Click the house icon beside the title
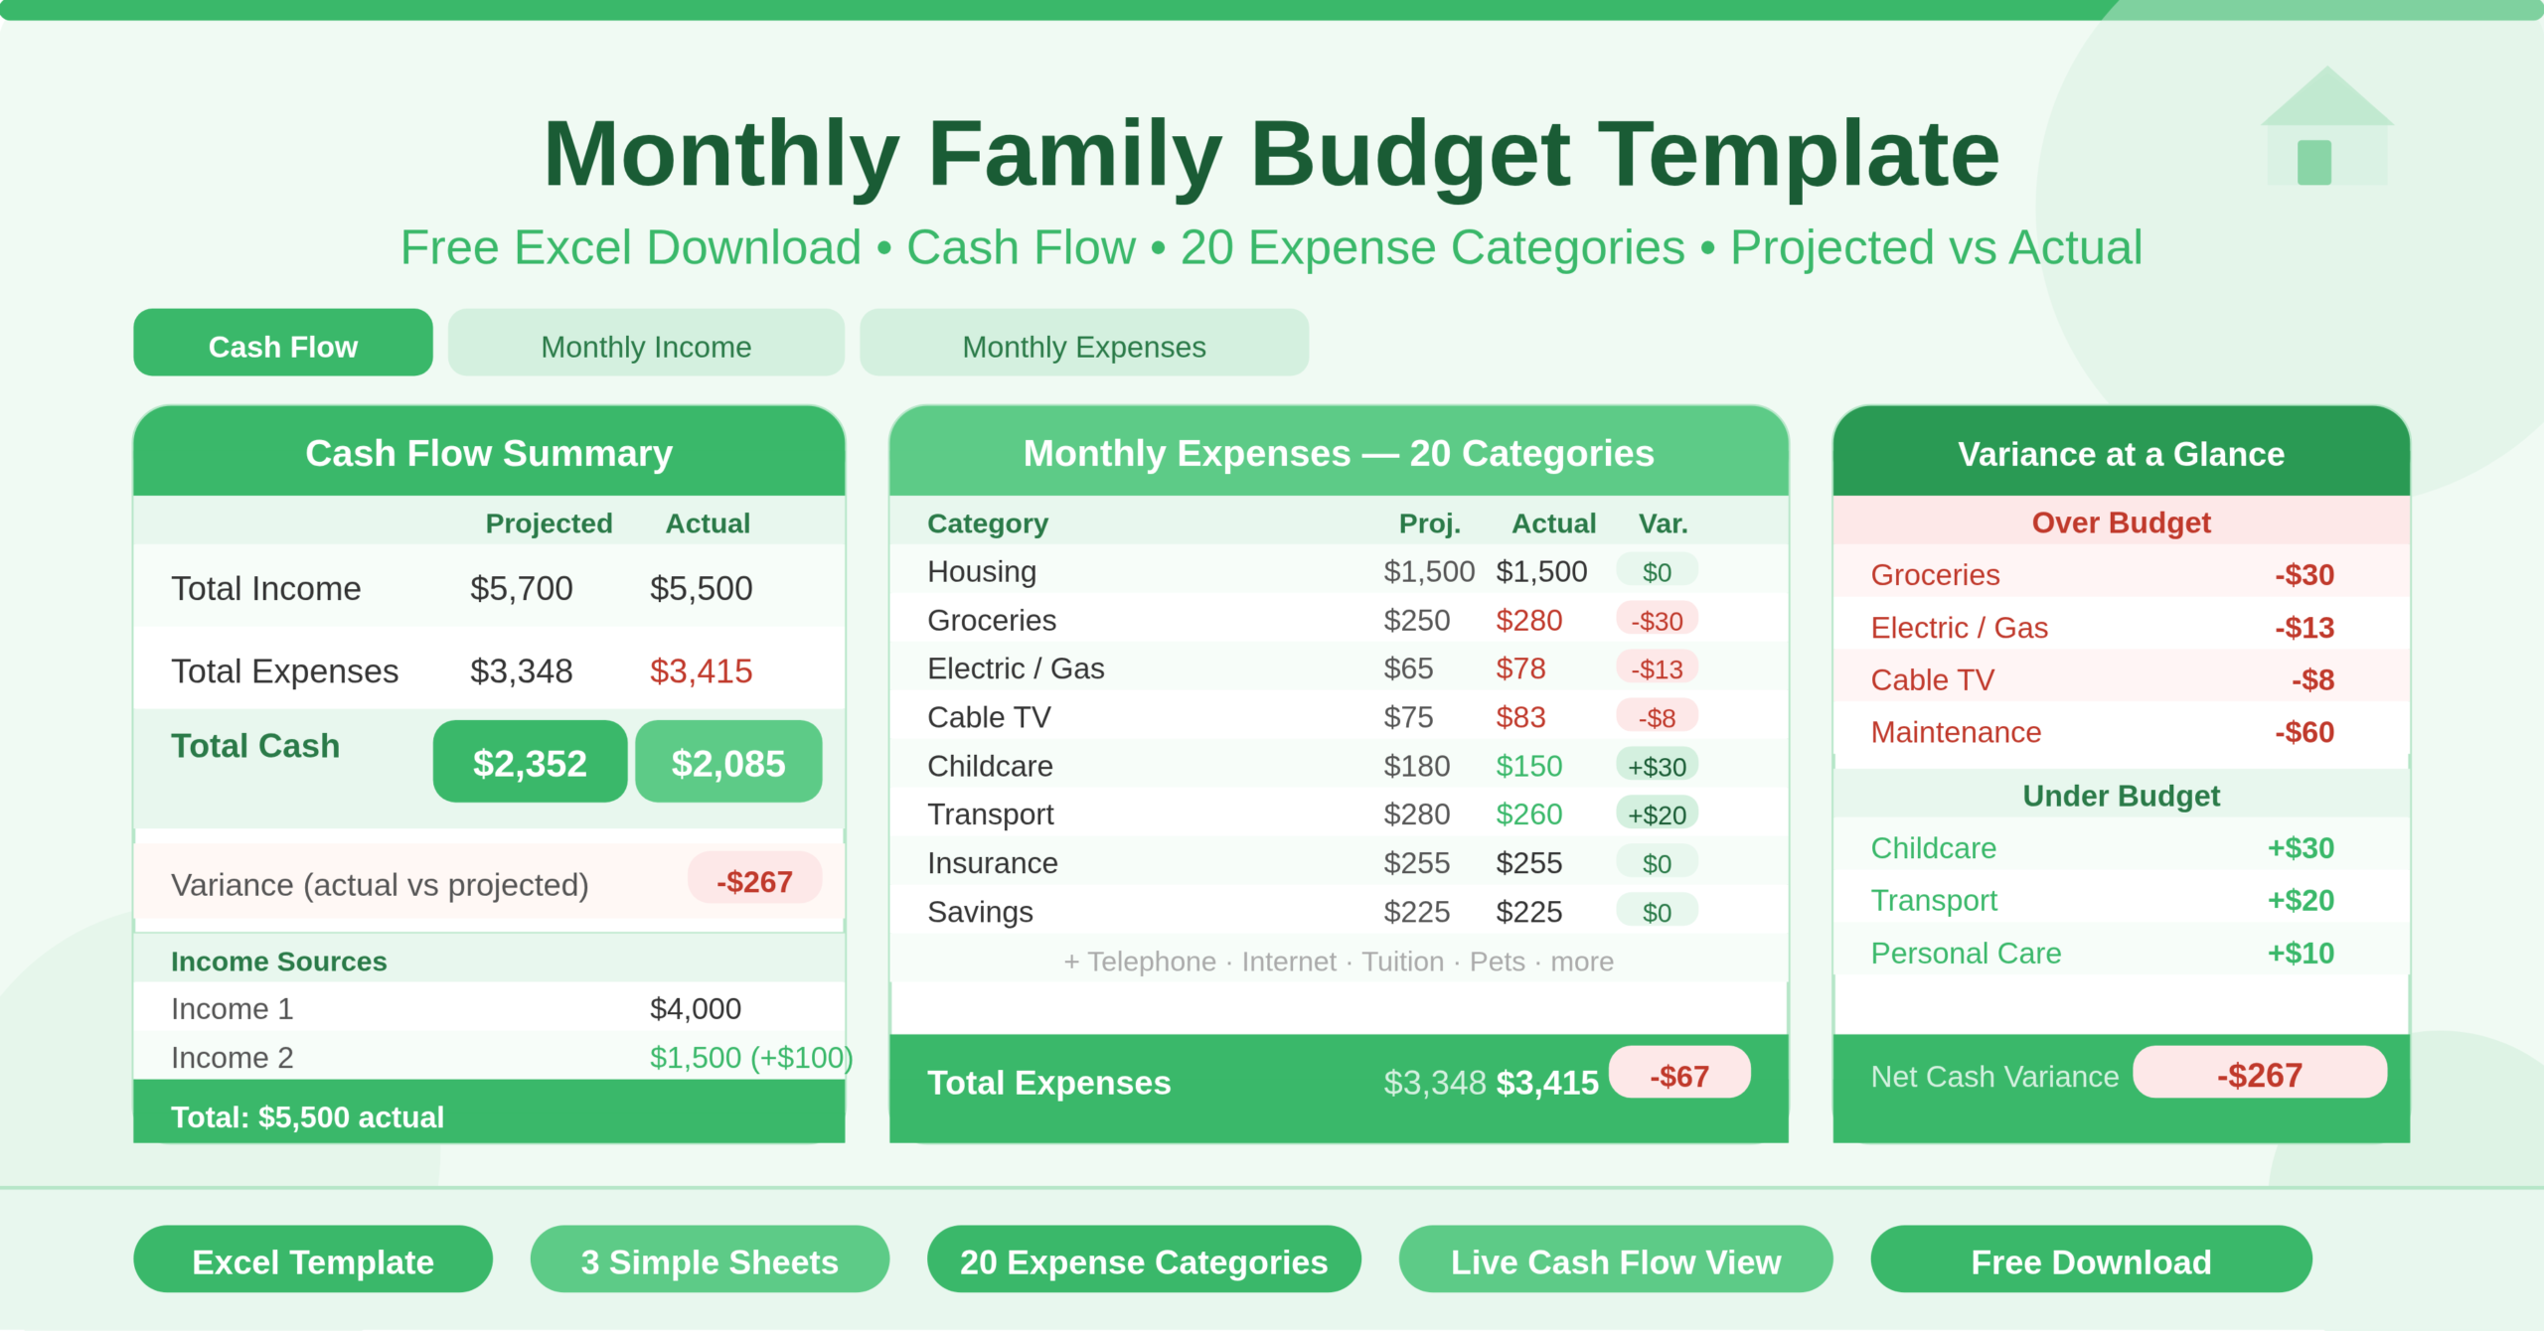coord(2325,129)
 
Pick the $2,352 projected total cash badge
coord(530,762)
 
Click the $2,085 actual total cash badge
coord(728,762)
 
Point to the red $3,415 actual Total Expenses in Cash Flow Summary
coord(701,671)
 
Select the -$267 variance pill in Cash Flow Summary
coord(754,880)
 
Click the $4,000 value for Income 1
coord(695,1008)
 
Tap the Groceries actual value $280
coord(1528,621)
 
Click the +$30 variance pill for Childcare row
coord(1657,766)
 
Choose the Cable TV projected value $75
coord(1408,717)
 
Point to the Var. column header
coord(1663,523)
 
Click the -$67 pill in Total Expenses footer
coord(1679,1075)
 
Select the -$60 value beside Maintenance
coord(2304,732)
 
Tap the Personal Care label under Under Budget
coord(1966,953)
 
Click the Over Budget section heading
coord(2121,522)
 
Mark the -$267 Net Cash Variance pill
coord(2259,1074)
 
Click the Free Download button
coord(2091,1260)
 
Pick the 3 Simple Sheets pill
coord(710,1260)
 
